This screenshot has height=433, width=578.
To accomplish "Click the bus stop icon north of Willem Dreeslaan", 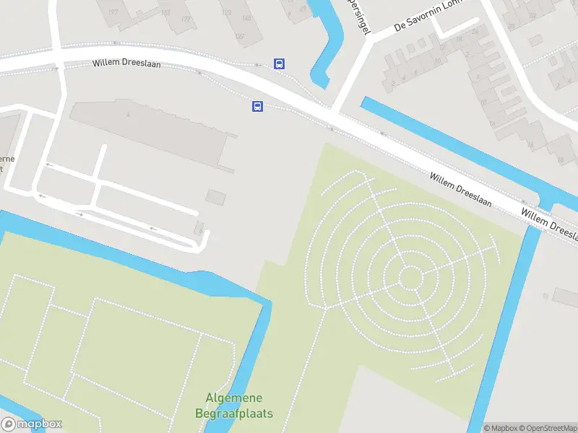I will (x=279, y=64).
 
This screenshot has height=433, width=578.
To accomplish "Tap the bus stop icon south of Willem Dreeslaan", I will (x=256, y=107).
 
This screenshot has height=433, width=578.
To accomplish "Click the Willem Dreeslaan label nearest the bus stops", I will (x=126, y=64).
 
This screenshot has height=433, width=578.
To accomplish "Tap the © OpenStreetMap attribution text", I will (x=546, y=428).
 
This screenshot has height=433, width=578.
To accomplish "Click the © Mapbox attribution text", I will (x=501, y=428).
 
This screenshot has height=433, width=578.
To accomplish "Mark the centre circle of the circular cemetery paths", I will (x=410, y=277).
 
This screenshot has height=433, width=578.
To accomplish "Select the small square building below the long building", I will (x=215, y=196).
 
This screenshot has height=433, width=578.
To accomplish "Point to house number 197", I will (x=113, y=12).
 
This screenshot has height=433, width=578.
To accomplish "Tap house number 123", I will (x=226, y=12).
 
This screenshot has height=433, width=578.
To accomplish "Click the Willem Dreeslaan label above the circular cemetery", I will (x=460, y=190).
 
